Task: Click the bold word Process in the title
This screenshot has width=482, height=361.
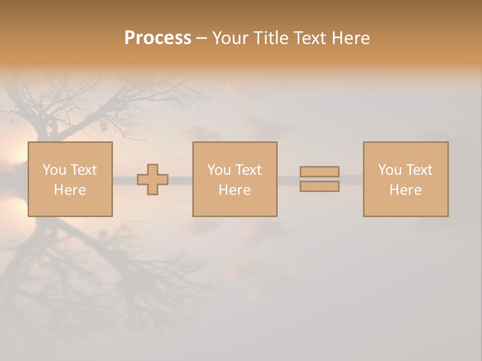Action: pos(158,38)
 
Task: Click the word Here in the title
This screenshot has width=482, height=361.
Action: pos(351,38)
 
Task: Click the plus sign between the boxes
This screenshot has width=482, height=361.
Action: pos(153,179)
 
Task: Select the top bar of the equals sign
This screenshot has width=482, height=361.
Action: pos(319,172)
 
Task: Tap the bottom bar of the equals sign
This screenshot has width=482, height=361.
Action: pos(319,187)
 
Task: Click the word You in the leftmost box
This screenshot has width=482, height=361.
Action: pos(54,170)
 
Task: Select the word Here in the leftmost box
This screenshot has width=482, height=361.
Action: pos(70,190)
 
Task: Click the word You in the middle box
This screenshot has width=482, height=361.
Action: pos(219,170)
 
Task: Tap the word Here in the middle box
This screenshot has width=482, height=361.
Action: pos(234,190)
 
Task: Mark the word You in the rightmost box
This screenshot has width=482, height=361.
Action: pos(390,170)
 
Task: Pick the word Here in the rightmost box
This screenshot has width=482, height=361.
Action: pos(405,190)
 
